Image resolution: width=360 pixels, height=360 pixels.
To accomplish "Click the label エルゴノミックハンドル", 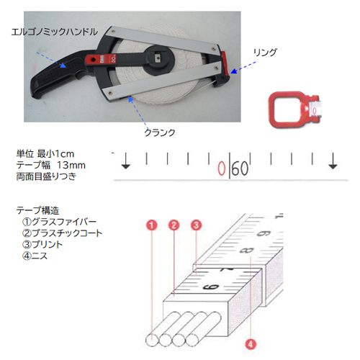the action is point(55,32).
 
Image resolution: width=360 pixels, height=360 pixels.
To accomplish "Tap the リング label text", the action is point(265,52).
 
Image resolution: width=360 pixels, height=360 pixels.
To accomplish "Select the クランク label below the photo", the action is point(160,132).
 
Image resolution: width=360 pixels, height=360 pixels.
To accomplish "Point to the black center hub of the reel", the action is point(158,59).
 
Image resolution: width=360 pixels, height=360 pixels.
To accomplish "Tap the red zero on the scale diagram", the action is point(222,168).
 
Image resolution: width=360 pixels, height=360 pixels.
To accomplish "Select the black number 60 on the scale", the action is point(240,168).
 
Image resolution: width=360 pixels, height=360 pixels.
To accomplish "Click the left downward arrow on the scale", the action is point(126,161).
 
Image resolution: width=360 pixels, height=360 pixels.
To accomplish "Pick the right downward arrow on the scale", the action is point(333,161).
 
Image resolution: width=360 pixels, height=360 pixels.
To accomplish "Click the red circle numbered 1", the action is point(152,225).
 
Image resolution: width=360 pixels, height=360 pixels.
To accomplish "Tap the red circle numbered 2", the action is point(174,225).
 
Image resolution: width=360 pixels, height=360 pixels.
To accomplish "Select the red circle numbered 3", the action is point(197,225).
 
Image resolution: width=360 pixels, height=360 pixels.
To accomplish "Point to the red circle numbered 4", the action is point(251,345).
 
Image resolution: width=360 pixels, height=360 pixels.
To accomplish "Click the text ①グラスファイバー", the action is point(59,222).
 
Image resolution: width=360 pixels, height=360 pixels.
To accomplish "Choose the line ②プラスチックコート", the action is point(62,233).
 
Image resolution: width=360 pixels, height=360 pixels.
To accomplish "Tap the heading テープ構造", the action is point(37,210).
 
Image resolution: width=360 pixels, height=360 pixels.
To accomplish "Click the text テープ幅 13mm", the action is point(51,165).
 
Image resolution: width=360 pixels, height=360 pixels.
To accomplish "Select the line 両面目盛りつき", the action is point(46,176).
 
